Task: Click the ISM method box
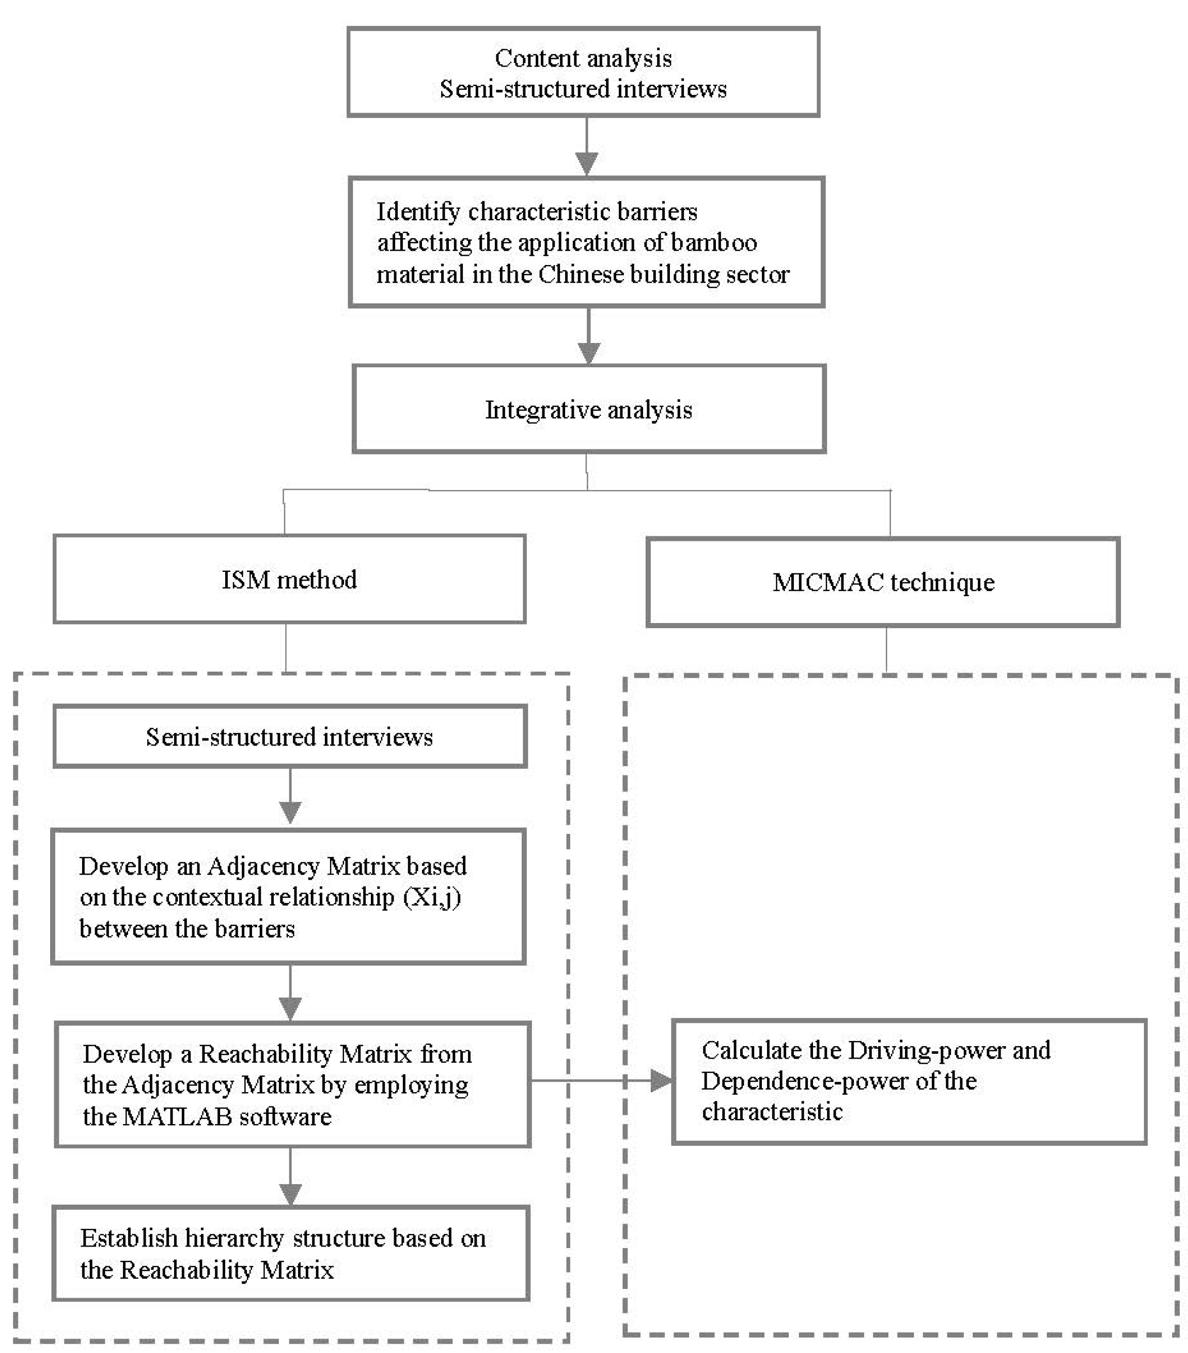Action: [x=289, y=579]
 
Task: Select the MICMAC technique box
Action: [x=882, y=582]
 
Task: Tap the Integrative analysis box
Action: [x=588, y=409]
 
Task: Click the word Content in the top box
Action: [x=526, y=58]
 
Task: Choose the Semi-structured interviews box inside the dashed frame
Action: [x=289, y=736]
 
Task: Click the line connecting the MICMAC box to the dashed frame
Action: [x=886, y=649]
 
